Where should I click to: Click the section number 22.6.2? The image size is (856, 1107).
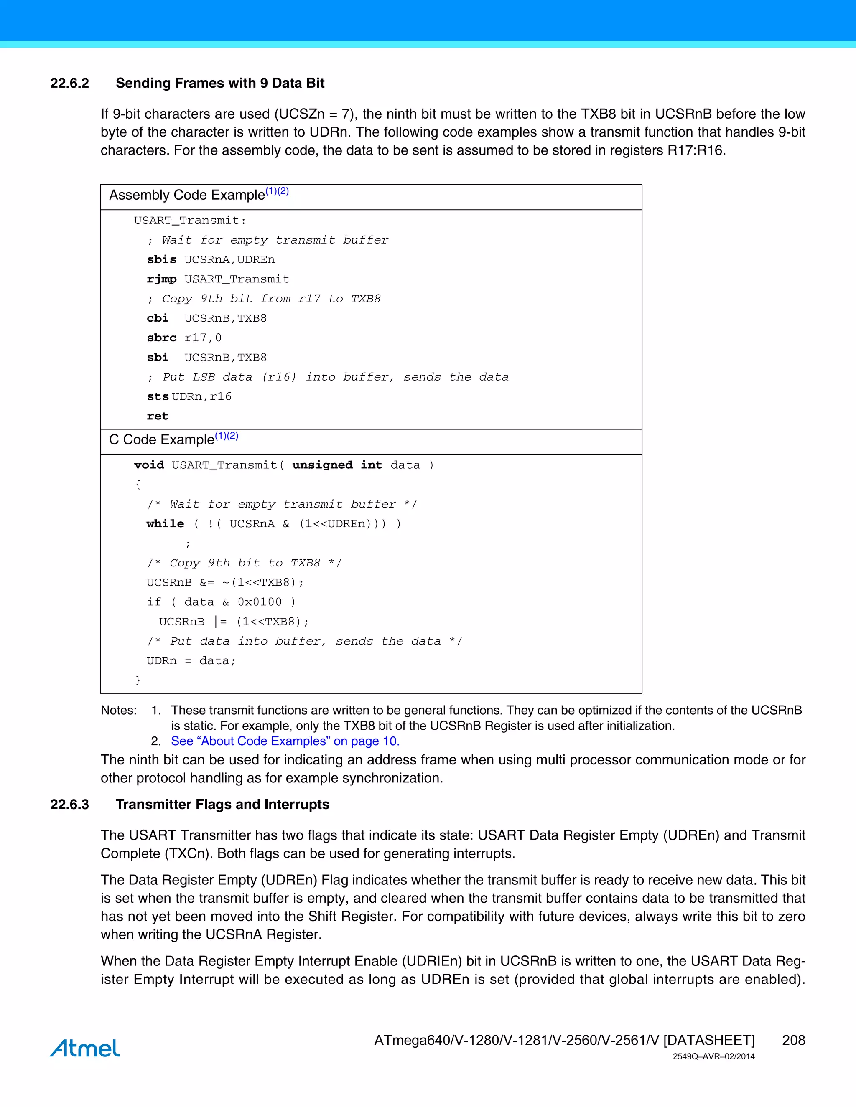[x=69, y=83]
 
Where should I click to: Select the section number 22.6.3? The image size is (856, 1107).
[x=69, y=805]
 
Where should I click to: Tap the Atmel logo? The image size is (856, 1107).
[x=85, y=1048]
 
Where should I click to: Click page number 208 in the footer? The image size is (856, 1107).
[x=793, y=1040]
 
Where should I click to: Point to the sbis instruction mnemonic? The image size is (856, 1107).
[x=162, y=259]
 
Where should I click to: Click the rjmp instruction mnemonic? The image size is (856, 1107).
[x=162, y=279]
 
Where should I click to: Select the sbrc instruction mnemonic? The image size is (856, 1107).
[x=162, y=338]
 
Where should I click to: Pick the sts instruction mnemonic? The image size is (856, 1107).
[x=157, y=396]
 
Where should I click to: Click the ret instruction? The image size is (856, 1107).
[x=157, y=416]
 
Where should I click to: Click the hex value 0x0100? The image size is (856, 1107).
[x=260, y=602]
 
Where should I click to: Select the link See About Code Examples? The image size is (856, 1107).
[x=285, y=741]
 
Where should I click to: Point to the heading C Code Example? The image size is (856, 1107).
[x=162, y=439]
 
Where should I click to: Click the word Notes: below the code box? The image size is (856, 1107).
[x=119, y=710]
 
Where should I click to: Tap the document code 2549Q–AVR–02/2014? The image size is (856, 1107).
[x=713, y=1056]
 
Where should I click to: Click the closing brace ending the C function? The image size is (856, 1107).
[x=138, y=680]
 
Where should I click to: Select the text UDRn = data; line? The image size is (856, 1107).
[x=191, y=661]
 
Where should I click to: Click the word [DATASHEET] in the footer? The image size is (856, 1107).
[x=709, y=1040]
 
